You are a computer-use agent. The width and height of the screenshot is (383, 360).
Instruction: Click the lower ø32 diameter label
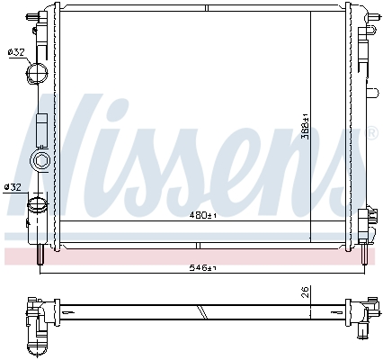(x=13, y=186)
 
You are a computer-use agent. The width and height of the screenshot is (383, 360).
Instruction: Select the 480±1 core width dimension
(x=204, y=215)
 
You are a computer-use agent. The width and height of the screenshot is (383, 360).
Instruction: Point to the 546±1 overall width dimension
(x=204, y=267)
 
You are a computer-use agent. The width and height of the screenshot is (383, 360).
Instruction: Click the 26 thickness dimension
(x=305, y=292)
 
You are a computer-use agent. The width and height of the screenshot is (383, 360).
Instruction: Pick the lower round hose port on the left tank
(x=38, y=206)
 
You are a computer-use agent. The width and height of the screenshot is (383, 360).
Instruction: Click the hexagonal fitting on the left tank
(x=41, y=162)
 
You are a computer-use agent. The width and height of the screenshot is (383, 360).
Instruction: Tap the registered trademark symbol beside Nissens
(x=372, y=134)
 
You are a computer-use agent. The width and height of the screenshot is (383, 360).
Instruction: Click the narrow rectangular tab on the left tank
(x=42, y=130)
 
